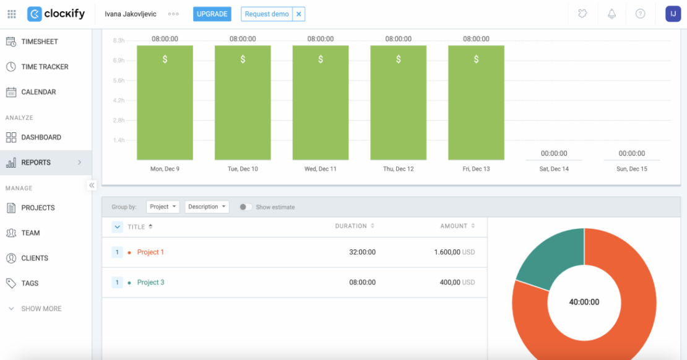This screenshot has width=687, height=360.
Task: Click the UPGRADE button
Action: point(212,14)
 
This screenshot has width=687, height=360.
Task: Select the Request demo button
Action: point(266,14)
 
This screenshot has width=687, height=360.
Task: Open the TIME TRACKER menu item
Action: point(45,67)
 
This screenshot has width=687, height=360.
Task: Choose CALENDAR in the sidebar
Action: point(38,92)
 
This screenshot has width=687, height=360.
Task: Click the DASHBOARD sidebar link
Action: point(41,137)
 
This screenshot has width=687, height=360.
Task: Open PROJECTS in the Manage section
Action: point(38,208)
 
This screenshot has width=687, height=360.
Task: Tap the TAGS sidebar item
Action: point(30,283)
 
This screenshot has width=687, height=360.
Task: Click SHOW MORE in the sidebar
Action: point(41,309)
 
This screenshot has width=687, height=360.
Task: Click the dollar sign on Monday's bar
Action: point(165,59)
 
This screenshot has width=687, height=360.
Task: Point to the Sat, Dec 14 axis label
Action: point(554,169)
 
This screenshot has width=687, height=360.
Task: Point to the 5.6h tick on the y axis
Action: point(118,80)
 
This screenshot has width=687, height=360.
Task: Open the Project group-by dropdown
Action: point(163,207)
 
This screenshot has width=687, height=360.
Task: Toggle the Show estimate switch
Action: point(246,207)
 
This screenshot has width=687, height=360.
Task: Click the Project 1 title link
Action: point(150,252)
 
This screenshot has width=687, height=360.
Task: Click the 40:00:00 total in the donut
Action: point(584,302)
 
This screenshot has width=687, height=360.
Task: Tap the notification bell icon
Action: point(611,14)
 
